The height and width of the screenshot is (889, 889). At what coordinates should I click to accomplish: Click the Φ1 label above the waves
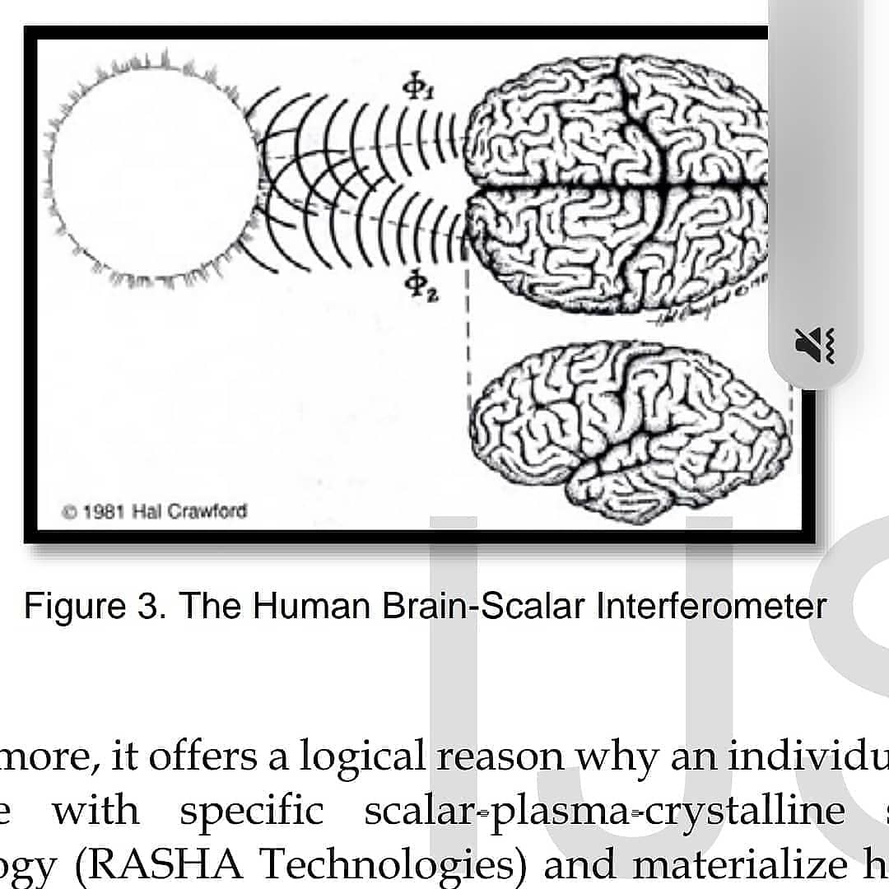tap(417, 86)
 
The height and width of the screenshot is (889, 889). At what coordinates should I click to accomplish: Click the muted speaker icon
tap(815, 344)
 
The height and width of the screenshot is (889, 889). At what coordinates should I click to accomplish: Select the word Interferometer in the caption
tap(711, 607)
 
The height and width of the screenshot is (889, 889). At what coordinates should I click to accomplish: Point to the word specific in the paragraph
tap(252, 812)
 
